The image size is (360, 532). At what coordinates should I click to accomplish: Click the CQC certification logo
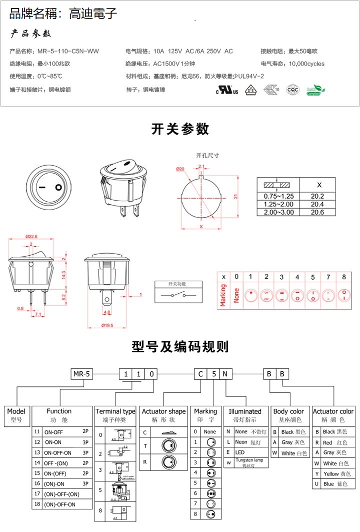point(292,90)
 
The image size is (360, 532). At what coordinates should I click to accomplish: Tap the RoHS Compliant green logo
point(315,90)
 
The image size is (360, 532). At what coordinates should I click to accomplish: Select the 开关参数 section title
point(180,129)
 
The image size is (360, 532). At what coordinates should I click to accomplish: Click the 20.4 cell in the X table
point(317,204)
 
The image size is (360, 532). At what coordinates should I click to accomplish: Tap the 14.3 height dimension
point(63,275)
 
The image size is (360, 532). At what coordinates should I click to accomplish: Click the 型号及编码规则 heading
point(180,346)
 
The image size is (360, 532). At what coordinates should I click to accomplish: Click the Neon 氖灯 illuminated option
point(245,442)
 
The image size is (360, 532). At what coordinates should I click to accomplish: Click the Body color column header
point(288,411)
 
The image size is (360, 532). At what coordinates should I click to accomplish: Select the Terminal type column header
point(115,411)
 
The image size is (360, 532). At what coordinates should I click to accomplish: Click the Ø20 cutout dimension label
point(180,169)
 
